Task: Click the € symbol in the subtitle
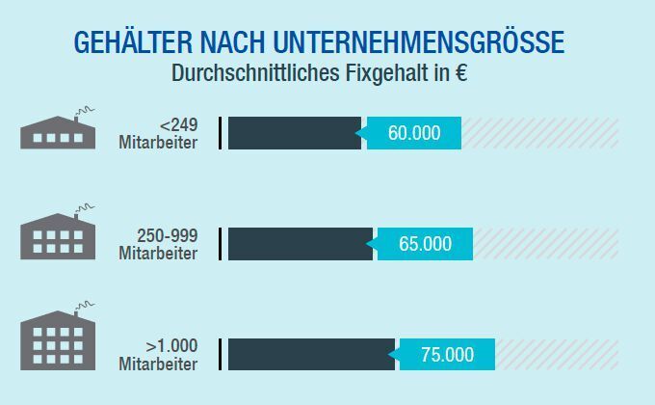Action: click(x=461, y=73)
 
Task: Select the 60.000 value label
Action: click(x=414, y=133)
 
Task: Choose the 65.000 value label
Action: click(x=425, y=244)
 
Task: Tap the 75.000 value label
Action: click(x=447, y=355)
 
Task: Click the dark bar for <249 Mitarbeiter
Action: click(x=294, y=133)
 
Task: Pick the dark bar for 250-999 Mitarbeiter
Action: click(x=300, y=244)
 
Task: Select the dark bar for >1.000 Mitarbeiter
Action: click(x=311, y=355)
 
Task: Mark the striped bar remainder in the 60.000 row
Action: click(x=539, y=133)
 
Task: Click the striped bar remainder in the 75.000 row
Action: click(x=556, y=355)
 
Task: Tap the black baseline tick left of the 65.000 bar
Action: click(x=221, y=244)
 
